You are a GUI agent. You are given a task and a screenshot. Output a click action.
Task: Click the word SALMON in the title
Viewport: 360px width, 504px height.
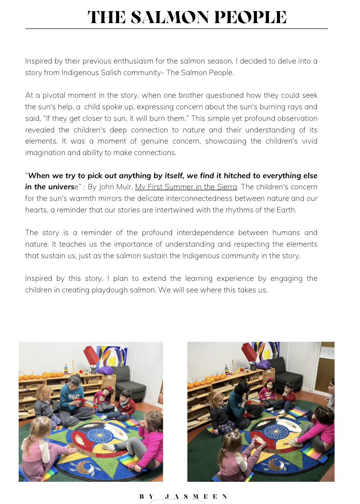(171, 17)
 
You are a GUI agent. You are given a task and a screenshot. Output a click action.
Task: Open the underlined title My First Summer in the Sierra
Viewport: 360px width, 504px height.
(186, 187)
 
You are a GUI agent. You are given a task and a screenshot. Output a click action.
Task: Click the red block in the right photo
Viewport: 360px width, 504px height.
(249, 352)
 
